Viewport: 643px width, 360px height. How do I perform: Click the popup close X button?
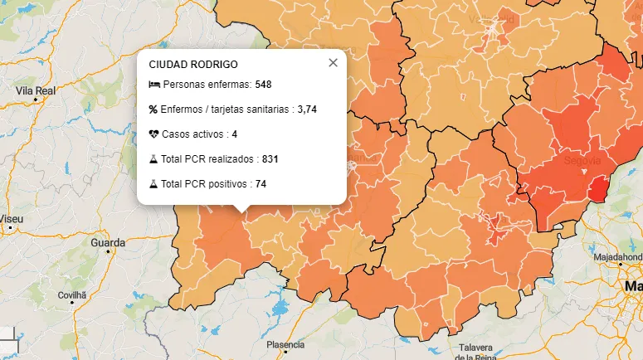pos(333,62)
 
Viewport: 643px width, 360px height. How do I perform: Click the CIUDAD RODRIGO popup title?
pos(193,64)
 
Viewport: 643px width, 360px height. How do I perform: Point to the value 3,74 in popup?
pos(307,109)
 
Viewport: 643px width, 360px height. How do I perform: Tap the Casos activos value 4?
pos(235,134)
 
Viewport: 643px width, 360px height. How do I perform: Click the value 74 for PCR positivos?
pos(261,183)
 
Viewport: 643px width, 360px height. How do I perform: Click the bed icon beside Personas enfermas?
pos(153,85)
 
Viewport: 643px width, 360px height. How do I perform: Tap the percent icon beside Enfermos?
pos(153,109)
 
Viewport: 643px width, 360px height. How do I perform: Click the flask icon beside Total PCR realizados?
pos(153,158)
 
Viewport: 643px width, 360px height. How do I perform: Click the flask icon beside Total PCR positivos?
pos(153,183)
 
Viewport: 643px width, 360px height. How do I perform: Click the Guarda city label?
pos(108,243)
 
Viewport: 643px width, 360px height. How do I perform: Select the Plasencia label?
pos(285,344)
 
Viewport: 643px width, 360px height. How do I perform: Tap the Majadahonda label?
pos(617,257)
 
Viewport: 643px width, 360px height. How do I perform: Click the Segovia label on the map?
pos(582,160)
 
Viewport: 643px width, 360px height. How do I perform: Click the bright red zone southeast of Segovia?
pos(597,191)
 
